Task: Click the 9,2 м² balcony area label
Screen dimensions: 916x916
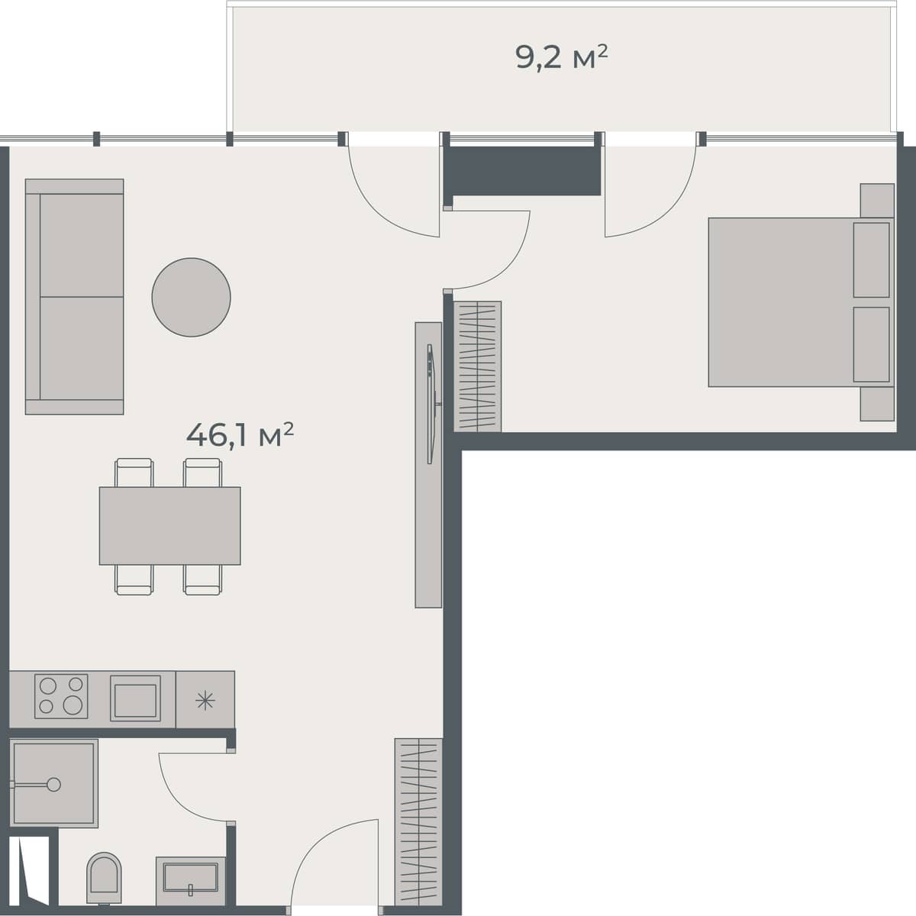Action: [x=562, y=57]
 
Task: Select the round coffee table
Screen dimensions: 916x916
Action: [x=191, y=297]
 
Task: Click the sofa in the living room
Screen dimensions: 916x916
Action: [x=75, y=297]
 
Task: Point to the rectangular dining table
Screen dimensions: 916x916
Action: [x=169, y=526]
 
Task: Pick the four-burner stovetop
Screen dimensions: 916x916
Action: [x=61, y=695]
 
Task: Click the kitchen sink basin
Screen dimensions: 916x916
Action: [x=135, y=698]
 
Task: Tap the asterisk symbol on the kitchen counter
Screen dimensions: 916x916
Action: [x=205, y=700]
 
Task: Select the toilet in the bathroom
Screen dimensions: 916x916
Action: [x=104, y=878]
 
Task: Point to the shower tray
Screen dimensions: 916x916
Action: [x=54, y=783]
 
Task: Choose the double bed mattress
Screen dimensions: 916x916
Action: [x=779, y=302]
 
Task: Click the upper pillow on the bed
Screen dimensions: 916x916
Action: [x=871, y=260]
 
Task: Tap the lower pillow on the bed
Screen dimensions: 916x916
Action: [x=871, y=344]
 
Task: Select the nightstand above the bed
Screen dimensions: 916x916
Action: [x=876, y=200]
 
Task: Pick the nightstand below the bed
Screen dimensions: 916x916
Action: [x=876, y=404]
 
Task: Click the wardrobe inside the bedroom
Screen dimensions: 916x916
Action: [x=478, y=366]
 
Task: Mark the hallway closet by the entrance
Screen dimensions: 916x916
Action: [x=418, y=821]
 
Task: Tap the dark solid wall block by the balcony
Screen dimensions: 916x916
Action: [x=522, y=170]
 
